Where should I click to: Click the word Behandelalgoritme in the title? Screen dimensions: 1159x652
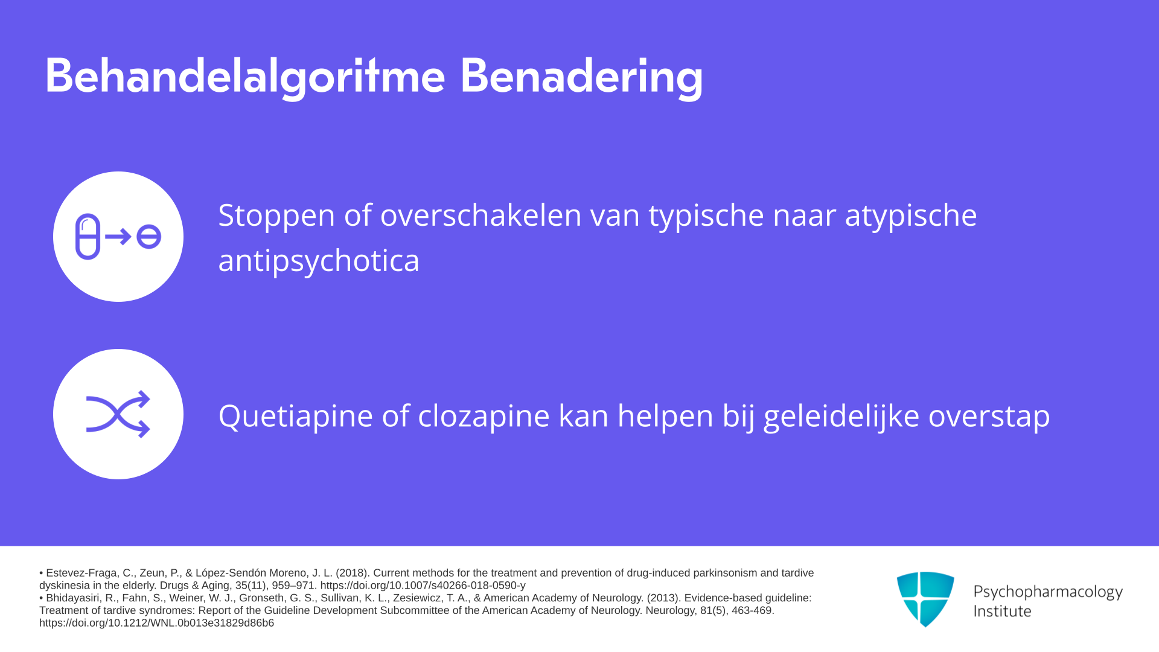pyautogui.click(x=245, y=77)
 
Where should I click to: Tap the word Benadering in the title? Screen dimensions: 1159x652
pyautogui.click(x=581, y=77)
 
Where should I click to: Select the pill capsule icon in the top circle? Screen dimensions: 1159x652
pyautogui.click(x=88, y=237)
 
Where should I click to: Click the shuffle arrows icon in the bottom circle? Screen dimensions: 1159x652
pyautogui.click(x=118, y=414)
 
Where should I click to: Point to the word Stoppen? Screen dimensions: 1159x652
pyautogui.click(x=276, y=216)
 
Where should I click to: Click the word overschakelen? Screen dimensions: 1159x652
pyautogui.click(x=481, y=215)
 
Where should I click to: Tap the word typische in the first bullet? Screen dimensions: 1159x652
pyautogui.click(x=706, y=216)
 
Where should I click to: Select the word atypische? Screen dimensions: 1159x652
pyautogui.click(x=911, y=216)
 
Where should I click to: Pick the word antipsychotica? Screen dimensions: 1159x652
pyautogui.click(x=319, y=261)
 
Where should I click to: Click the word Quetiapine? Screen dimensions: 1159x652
pyautogui.click(x=296, y=416)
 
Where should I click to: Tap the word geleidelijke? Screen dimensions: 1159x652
pyautogui.click(x=841, y=416)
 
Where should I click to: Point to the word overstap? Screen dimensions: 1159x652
pyautogui.click(x=989, y=416)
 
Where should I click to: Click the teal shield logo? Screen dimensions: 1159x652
pyautogui.click(x=925, y=599)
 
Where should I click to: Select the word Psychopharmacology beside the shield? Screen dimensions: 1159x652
pyautogui.click(x=1048, y=592)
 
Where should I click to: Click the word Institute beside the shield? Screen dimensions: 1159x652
pyautogui.click(x=1003, y=611)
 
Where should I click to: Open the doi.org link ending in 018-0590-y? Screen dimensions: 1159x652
pyautogui.click(x=423, y=586)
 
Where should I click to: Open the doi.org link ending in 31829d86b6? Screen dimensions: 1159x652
pyautogui.click(x=156, y=623)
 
